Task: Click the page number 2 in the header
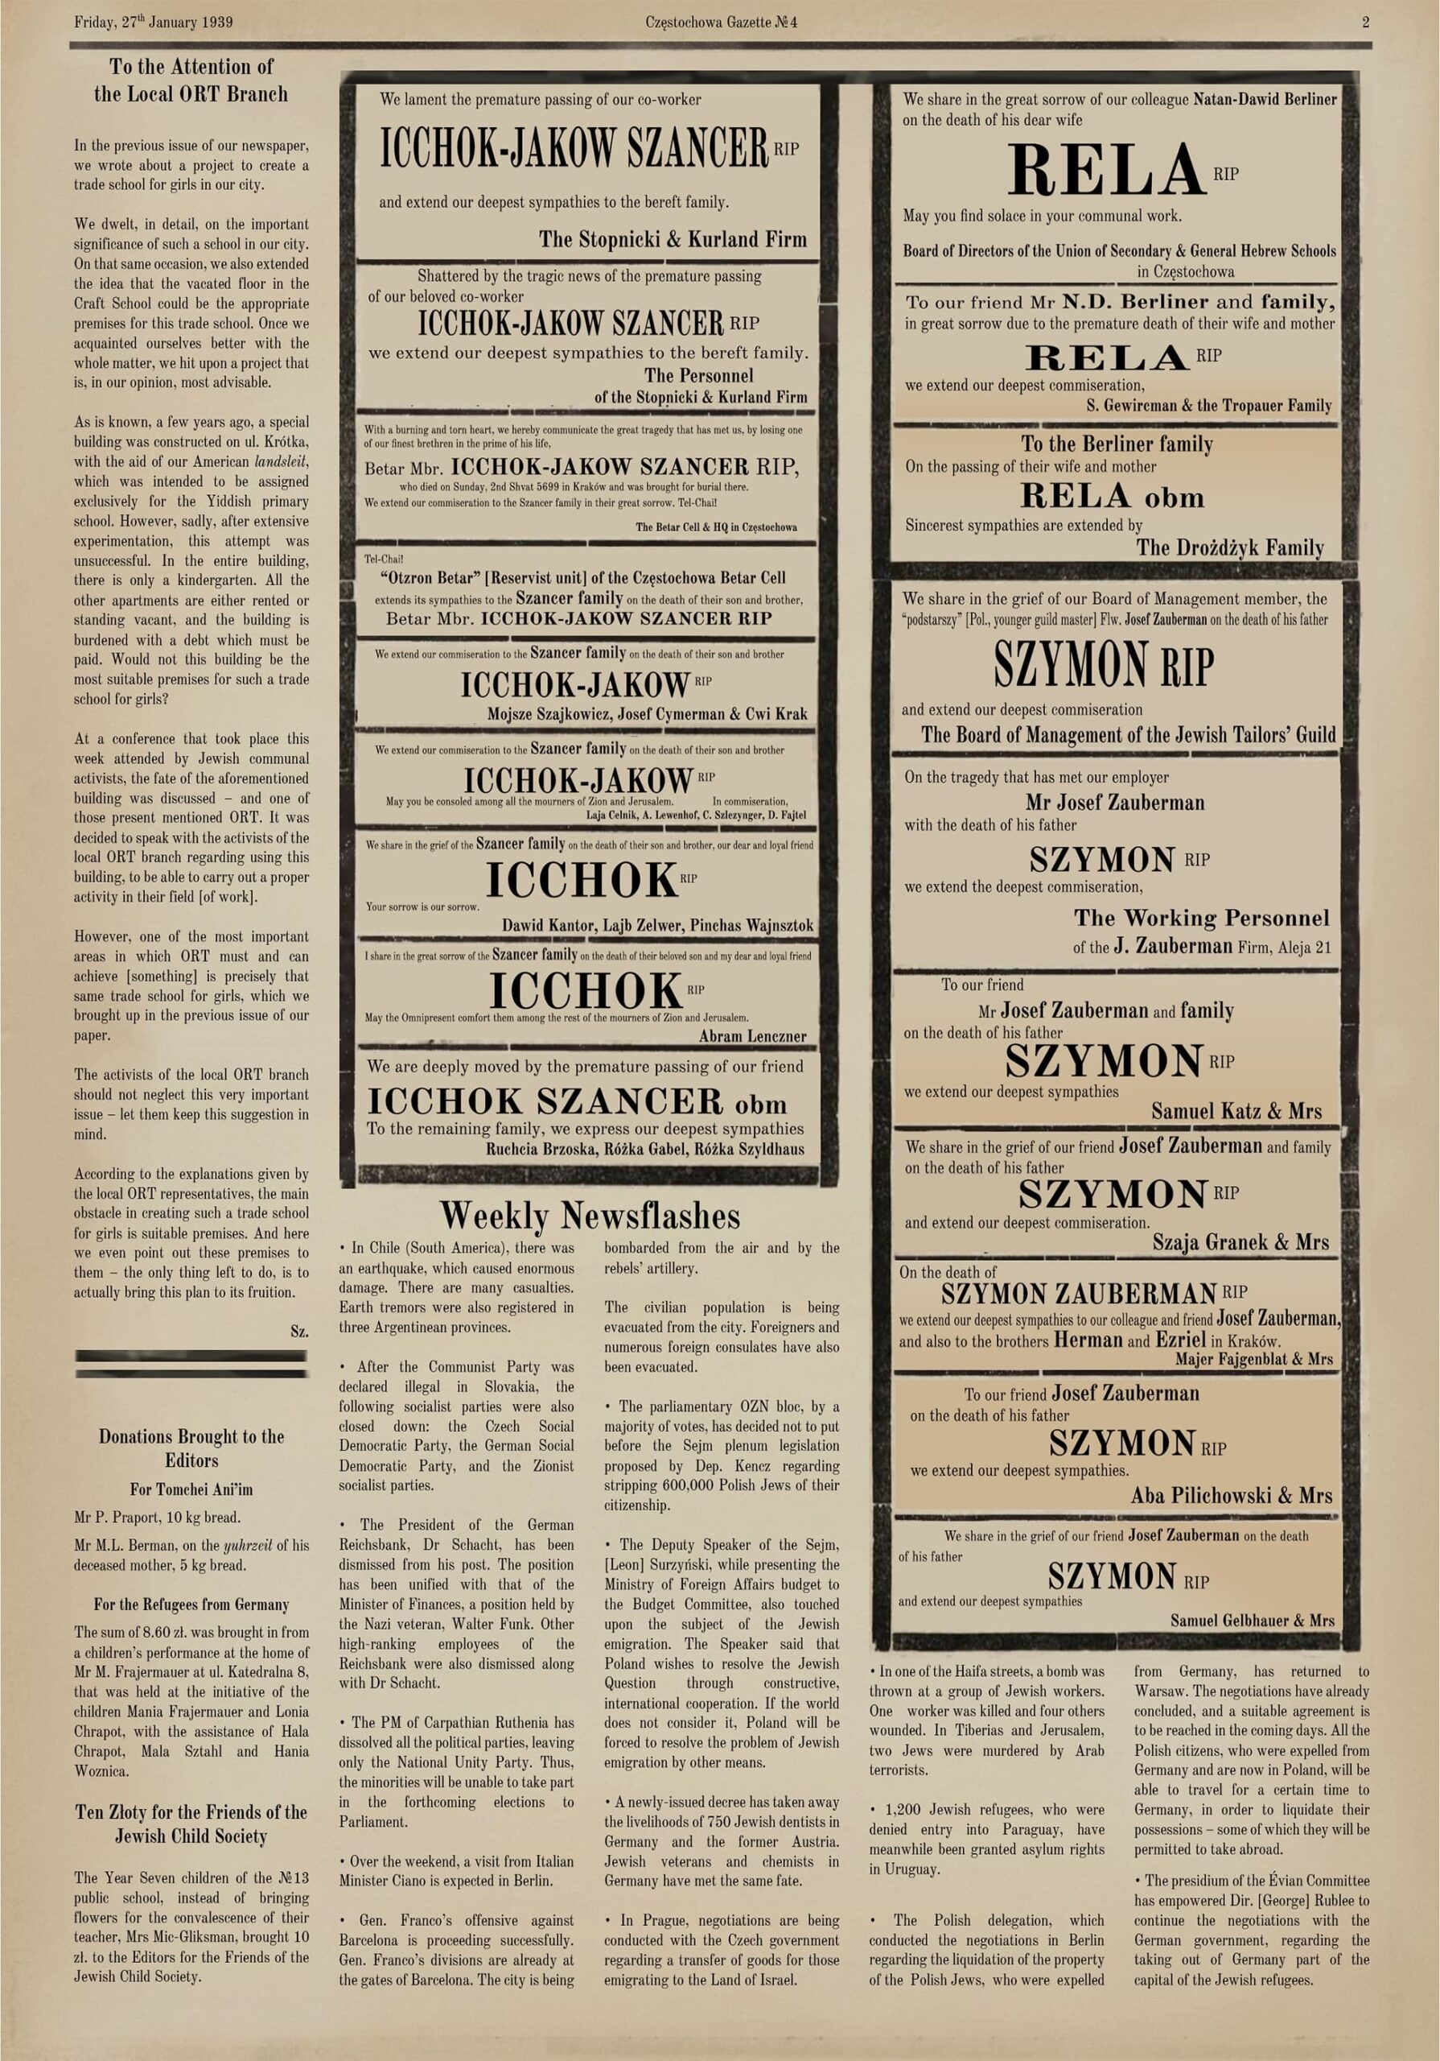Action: pos(1365,23)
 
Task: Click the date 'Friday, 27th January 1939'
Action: pos(154,23)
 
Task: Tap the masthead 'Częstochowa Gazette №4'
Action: pos(721,23)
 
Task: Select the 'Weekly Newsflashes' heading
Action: pos(590,1216)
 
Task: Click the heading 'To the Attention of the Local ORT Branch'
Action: pos(191,80)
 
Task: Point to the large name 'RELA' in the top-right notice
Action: pos(1105,171)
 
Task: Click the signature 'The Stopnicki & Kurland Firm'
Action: pos(672,240)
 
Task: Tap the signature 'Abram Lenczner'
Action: pos(752,1036)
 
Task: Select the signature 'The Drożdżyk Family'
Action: pos(1230,547)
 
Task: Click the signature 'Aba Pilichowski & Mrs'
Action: pos(1231,1496)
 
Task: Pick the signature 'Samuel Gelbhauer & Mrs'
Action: pos(1252,1621)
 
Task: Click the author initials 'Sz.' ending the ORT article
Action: pos(299,1332)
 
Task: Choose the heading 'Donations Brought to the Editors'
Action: pos(191,1448)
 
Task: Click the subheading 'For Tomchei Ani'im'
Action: pos(191,1490)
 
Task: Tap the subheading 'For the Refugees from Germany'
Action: pos(191,1604)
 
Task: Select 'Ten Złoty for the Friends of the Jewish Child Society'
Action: pos(191,1824)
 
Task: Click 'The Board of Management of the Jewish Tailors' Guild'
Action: pos(1128,735)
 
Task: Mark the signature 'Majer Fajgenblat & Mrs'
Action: pos(1253,1359)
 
